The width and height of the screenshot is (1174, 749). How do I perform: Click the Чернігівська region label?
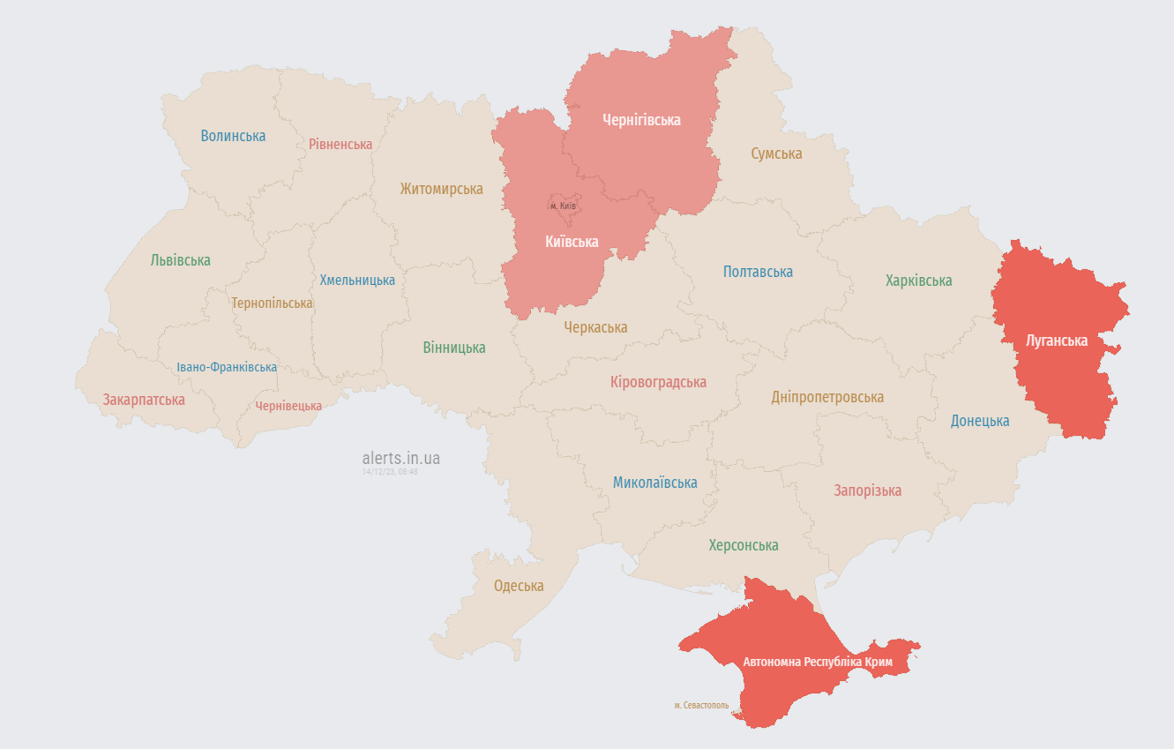click(x=641, y=120)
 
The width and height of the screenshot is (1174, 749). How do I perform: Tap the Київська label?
click(x=571, y=242)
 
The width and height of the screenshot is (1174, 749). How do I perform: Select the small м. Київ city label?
click(x=563, y=206)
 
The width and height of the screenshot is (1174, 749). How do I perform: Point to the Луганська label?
click(x=1057, y=341)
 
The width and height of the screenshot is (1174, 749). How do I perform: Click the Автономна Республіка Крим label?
click(x=818, y=662)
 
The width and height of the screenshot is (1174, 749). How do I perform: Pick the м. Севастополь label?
click(x=701, y=706)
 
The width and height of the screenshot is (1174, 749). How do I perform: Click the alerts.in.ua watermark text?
click(x=400, y=458)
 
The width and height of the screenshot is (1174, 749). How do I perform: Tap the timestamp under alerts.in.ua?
click(x=390, y=472)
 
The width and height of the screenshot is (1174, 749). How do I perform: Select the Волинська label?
click(x=233, y=136)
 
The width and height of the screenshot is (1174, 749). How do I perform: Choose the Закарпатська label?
click(x=144, y=400)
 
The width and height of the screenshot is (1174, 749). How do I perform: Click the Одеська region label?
click(x=519, y=586)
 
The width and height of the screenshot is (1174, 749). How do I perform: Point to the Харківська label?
click(x=918, y=281)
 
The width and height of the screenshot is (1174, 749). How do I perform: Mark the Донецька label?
click(x=979, y=421)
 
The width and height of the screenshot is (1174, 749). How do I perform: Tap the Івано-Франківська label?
click(x=226, y=367)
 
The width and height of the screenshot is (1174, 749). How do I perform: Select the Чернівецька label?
click(x=288, y=406)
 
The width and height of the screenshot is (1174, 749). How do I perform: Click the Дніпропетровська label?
click(x=827, y=397)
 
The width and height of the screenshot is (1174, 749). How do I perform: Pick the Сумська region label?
click(x=776, y=154)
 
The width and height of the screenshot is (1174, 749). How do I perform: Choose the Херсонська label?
click(x=744, y=545)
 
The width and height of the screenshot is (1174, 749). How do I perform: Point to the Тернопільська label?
click(x=272, y=303)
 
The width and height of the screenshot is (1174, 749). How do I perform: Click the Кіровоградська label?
click(x=658, y=382)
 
